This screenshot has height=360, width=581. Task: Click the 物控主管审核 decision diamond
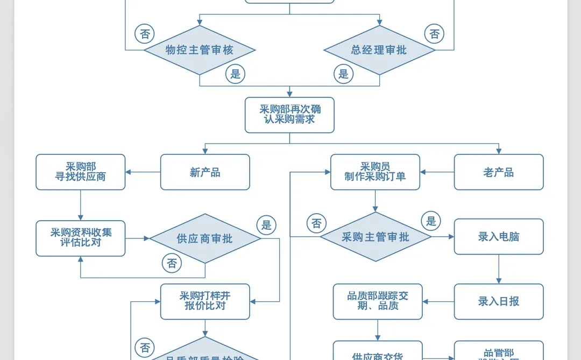[x=200, y=50]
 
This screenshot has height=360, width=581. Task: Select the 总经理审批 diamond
[x=379, y=50]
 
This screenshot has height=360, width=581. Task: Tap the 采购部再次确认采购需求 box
[x=289, y=115]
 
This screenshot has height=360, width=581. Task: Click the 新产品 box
[x=205, y=172]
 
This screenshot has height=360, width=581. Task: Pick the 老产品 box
[x=499, y=172]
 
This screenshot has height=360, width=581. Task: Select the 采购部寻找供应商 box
[x=81, y=172]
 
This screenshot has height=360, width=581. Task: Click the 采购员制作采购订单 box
[x=375, y=172]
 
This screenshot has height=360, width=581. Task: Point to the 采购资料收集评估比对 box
[x=81, y=238]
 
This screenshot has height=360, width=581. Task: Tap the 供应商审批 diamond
[x=205, y=238]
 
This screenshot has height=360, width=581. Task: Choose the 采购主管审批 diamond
[x=375, y=237]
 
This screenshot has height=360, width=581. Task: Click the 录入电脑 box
[x=499, y=237]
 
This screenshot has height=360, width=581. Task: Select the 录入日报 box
[x=499, y=301]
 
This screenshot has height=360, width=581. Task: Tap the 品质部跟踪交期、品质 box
[x=378, y=301]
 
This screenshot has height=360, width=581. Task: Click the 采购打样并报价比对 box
[x=205, y=301]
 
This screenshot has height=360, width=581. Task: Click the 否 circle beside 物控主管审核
[x=145, y=34]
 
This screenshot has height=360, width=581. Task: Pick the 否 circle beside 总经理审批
[x=435, y=34]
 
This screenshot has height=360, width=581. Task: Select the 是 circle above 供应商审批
[x=267, y=225]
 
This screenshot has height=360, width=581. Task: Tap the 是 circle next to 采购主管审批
[x=431, y=221]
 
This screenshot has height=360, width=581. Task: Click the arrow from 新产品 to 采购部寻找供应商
[x=143, y=172]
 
